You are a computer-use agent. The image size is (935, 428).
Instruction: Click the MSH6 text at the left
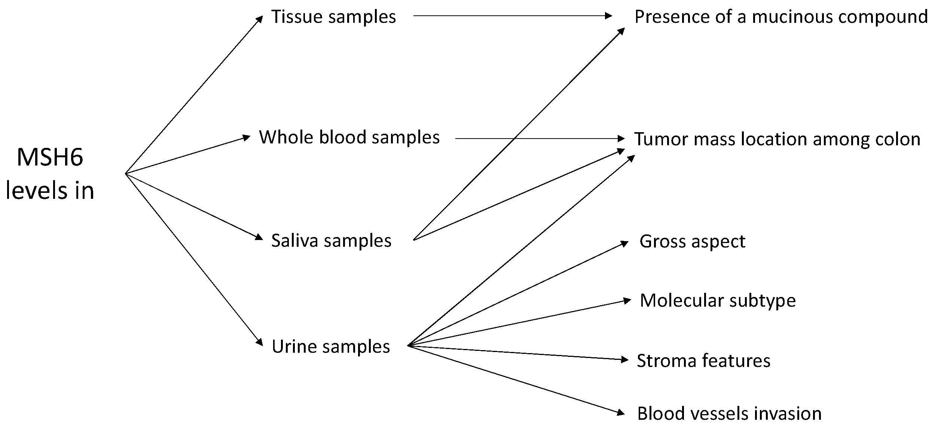[x=50, y=157]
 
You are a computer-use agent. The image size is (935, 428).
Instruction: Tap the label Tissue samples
[x=333, y=17]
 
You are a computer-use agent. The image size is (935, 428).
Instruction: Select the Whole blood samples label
[x=349, y=137]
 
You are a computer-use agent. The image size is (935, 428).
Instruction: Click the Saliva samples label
[x=331, y=241]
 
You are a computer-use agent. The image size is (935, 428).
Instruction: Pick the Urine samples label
[x=330, y=347]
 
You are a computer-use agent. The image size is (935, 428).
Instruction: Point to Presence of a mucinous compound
[x=781, y=17]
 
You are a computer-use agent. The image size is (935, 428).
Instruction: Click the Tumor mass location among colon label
[x=777, y=139]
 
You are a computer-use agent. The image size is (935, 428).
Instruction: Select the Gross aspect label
[x=692, y=242]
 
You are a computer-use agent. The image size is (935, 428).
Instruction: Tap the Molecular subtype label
[x=717, y=301]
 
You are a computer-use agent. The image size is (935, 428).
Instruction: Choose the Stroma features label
[x=703, y=361]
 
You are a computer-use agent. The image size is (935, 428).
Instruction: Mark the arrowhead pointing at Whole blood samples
[x=246, y=137]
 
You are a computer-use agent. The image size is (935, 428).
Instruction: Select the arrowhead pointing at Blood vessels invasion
[x=621, y=413]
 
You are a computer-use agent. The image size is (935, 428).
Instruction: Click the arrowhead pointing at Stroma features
[x=624, y=360]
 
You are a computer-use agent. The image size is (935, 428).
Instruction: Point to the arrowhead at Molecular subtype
[x=627, y=301]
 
